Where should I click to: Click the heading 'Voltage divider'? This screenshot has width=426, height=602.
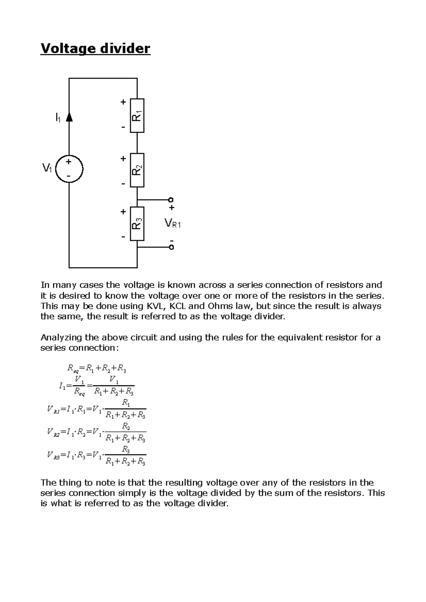95,49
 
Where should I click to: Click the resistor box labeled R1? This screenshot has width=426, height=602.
137,116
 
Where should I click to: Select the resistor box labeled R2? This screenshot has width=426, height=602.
137,170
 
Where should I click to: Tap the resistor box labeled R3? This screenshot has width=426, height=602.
137,224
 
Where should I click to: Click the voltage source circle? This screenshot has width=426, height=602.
69,169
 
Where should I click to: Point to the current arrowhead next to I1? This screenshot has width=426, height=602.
69,117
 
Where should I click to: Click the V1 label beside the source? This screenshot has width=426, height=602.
47,168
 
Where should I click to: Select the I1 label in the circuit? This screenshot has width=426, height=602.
58,117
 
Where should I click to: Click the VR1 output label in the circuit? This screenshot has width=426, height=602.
173,223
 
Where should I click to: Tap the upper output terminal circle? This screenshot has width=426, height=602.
171,200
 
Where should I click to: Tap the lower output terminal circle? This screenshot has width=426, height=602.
171,247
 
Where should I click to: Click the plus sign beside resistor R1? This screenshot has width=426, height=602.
123,102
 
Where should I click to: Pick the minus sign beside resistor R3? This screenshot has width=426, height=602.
123,236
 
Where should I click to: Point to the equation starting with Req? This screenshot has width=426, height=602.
97,369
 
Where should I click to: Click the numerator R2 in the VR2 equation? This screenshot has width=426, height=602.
126,426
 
